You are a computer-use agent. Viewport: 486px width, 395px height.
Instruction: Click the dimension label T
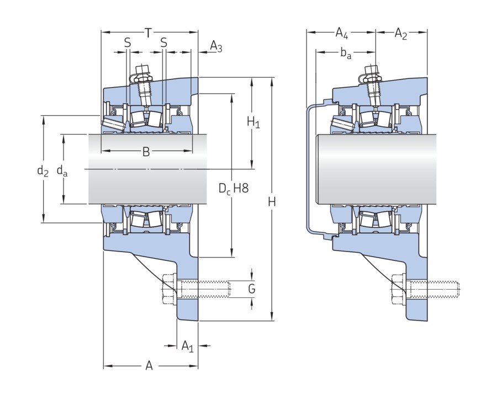pyautogui.click(x=148, y=33)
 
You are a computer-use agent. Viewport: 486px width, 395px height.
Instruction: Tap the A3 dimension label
pyautogui.click(x=216, y=47)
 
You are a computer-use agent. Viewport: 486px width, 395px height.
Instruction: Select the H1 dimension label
pyautogui.click(x=253, y=122)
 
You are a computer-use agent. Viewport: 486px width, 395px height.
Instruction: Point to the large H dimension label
pyautogui.click(x=271, y=202)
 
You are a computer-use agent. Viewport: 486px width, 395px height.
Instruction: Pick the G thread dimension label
pyautogui.click(x=252, y=289)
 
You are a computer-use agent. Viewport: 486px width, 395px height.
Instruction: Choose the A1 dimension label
pyautogui.click(x=188, y=346)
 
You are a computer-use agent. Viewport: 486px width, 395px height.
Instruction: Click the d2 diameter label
pyautogui.click(x=43, y=170)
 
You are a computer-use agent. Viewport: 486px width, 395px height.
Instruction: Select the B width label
pyautogui.click(x=146, y=152)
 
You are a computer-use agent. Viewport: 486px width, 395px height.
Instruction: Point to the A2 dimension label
pyautogui.click(x=401, y=34)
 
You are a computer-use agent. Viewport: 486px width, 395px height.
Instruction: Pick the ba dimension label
pyautogui.click(x=346, y=54)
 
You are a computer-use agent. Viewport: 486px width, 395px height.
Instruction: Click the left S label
pyautogui.click(x=128, y=42)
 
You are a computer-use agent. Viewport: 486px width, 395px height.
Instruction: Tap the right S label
pyautogui.click(x=164, y=42)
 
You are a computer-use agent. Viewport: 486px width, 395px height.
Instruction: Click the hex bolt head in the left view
pyautogui.click(x=169, y=288)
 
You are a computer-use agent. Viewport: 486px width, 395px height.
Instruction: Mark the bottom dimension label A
pyautogui.click(x=149, y=365)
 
